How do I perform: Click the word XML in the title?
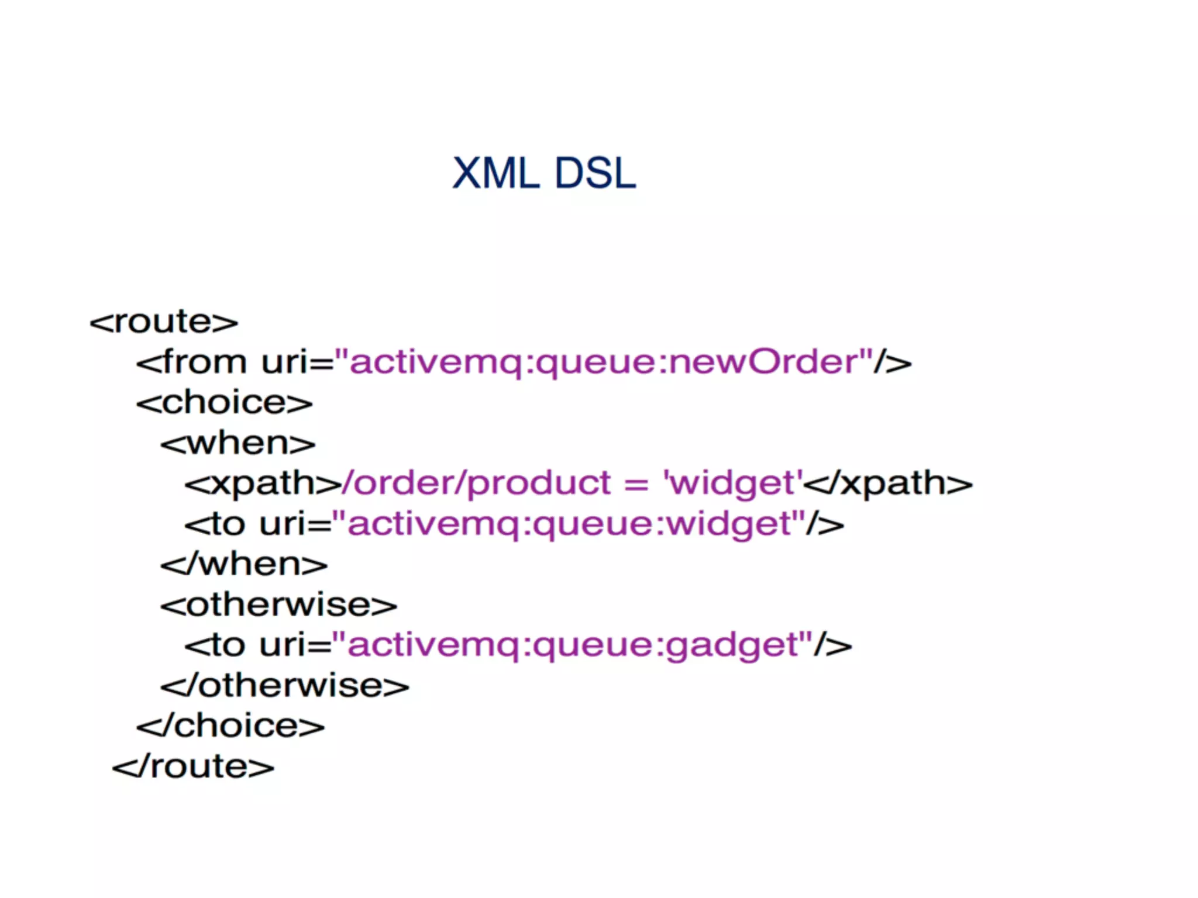[495, 174]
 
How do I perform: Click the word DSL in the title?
[595, 174]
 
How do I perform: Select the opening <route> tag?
[164, 322]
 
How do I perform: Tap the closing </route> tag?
[193, 766]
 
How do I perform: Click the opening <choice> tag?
[225, 403]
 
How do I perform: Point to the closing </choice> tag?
[230, 726]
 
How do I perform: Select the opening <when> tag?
[238, 443]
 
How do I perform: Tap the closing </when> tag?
[244, 565]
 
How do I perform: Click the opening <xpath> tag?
[263, 484]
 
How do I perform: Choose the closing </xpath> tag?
[888, 484]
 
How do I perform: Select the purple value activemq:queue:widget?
[569, 524]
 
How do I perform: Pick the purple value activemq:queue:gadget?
[572, 645]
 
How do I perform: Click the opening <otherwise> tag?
[279, 605]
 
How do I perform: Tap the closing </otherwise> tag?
[285, 686]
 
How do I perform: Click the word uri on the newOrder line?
[284, 362]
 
